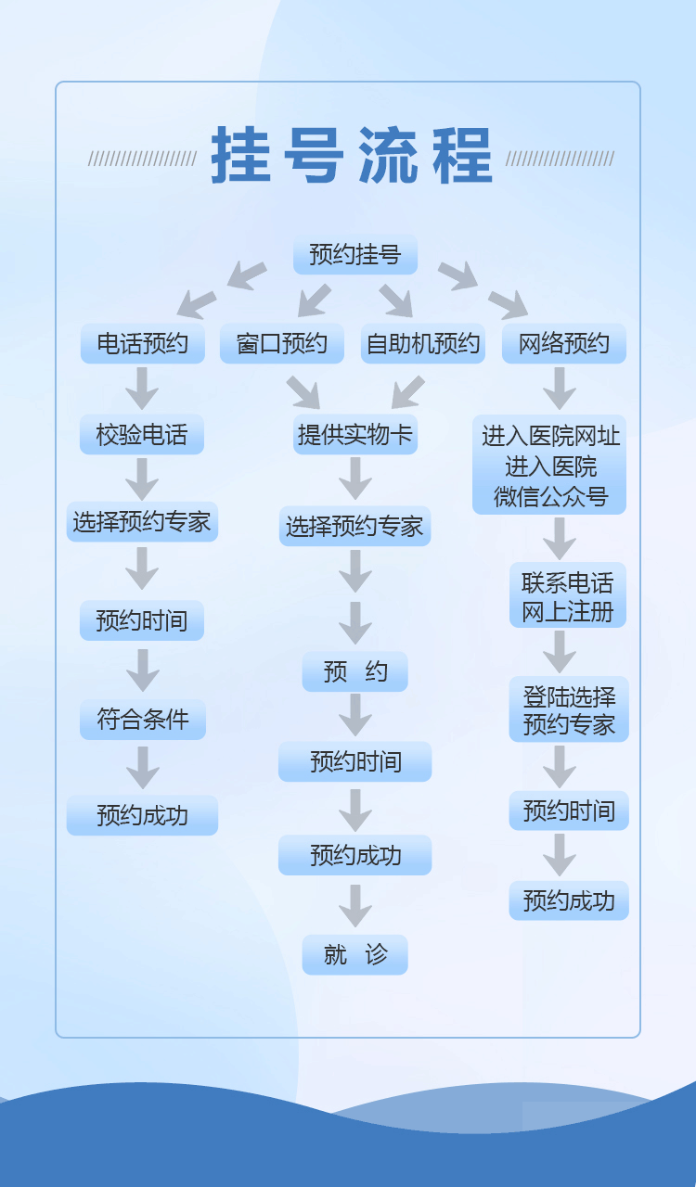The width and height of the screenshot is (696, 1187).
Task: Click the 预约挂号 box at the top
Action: pos(355,255)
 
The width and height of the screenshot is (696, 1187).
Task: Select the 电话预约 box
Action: pos(142,344)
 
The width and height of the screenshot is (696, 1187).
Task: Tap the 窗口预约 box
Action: pos(282,344)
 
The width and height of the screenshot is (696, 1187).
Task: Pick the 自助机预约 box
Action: pos(423,344)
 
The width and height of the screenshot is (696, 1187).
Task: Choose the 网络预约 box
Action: pos(564,344)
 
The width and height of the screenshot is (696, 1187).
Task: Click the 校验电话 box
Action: pos(142,434)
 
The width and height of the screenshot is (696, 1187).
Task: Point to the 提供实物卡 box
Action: pos(355,434)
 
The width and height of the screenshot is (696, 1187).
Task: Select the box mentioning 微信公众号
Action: pos(549,466)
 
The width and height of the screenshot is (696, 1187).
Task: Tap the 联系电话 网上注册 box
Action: pos(567,596)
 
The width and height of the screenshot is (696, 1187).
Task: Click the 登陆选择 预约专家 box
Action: pos(569,709)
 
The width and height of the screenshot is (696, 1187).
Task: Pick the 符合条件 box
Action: pos(143,720)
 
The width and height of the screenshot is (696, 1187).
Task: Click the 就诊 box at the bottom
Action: pos(355,955)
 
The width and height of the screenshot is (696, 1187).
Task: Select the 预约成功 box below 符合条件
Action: pos(142,815)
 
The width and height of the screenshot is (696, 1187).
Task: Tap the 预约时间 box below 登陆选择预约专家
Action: pos(569,811)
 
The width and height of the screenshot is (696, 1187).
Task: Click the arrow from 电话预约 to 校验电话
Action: pos(142,389)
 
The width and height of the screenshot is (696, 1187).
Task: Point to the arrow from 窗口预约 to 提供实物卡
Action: pos(303,391)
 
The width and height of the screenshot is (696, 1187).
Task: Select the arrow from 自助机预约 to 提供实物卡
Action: pos(407,391)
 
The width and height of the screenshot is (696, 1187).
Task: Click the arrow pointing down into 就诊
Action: pos(355,905)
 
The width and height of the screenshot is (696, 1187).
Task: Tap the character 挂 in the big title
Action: pos(241,156)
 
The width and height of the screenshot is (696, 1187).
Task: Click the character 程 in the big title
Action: pos(462,156)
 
